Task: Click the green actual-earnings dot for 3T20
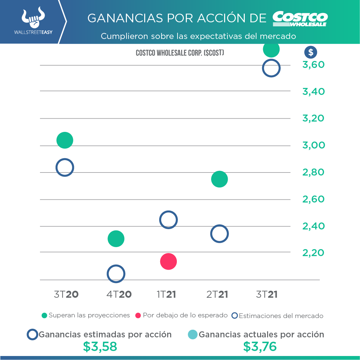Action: pyautogui.click(x=65, y=140)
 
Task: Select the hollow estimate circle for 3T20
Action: pyautogui.click(x=65, y=167)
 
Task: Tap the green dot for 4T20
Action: pyautogui.click(x=116, y=239)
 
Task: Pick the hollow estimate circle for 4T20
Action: pyautogui.click(x=116, y=274)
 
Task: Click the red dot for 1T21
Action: pyautogui.click(x=168, y=261)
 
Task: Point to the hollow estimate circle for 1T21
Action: pyautogui.click(x=168, y=220)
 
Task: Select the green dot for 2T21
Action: pyautogui.click(x=219, y=179)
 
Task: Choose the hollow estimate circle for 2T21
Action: pyautogui.click(x=219, y=234)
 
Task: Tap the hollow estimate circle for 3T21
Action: pyautogui.click(x=271, y=68)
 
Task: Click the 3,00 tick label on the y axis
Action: pyautogui.click(x=314, y=145)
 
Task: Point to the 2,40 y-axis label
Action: pyautogui.click(x=314, y=226)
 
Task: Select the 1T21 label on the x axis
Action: pyautogui.click(x=166, y=294)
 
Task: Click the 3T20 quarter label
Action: pyautogui.click(x=66, y=294)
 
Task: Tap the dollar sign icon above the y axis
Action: pyautogui.click(x=311, y=52)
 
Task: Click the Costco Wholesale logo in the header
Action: pyautogui.click(x=300, y=19)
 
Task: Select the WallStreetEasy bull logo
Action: pyautogui.click(x=33, y=19)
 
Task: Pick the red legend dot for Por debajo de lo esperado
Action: pyautogui.click(x=138, y=315)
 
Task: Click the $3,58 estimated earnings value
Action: pyautogui.click(x=100, y=347)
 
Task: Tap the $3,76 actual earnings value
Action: pyautogui.click(x=260, y=347)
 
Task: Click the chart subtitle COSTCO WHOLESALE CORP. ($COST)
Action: pyautogui.click(x=180, y=53)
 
